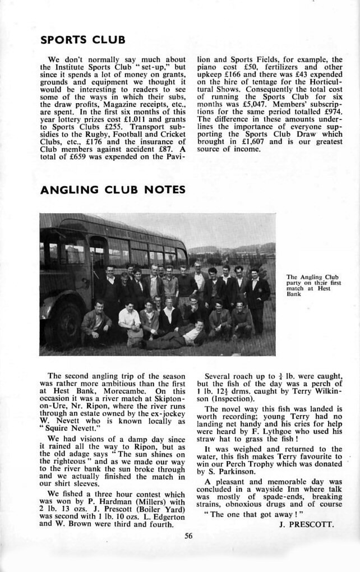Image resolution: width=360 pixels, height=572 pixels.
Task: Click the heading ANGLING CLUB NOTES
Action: click(113, 190)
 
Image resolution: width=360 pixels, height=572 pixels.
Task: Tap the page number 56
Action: click(188, 536)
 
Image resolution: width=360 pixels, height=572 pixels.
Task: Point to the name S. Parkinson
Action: click(230, 472)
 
